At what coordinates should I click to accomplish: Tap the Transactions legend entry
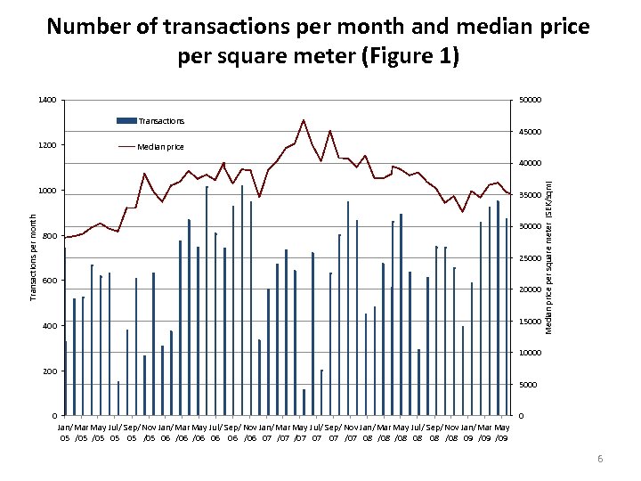point(161,121)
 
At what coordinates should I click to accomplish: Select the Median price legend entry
point(161,147)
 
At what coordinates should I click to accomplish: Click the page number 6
point(600,459)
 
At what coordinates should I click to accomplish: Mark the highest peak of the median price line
point(304,120)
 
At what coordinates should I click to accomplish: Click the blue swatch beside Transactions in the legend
point(126,121)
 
